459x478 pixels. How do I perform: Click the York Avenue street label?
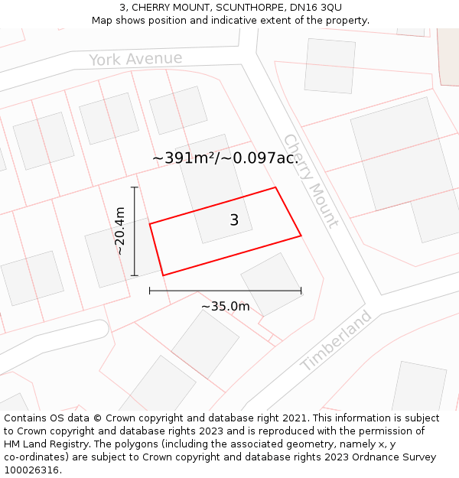click(x=135, y=59)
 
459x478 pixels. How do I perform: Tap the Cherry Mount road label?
click(x=311, y=181)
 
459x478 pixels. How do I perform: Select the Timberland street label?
click(x=337, y=340)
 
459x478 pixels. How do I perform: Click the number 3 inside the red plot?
click(x=234, y=220)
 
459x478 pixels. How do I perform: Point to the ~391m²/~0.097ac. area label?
click(x=225, y=158)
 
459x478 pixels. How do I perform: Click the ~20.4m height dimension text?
click(x=120, y=231)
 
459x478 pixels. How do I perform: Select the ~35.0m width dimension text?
click(x=226, y=307)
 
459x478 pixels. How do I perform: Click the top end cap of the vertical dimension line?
click(x=135, y=187)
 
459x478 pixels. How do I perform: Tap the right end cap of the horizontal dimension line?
click(x=301, y=291)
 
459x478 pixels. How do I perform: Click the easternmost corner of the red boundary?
click(x=301, y=236)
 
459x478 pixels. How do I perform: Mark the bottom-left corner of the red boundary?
click(x=163, y=275)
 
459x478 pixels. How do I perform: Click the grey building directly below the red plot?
click(x=272, y=284)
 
